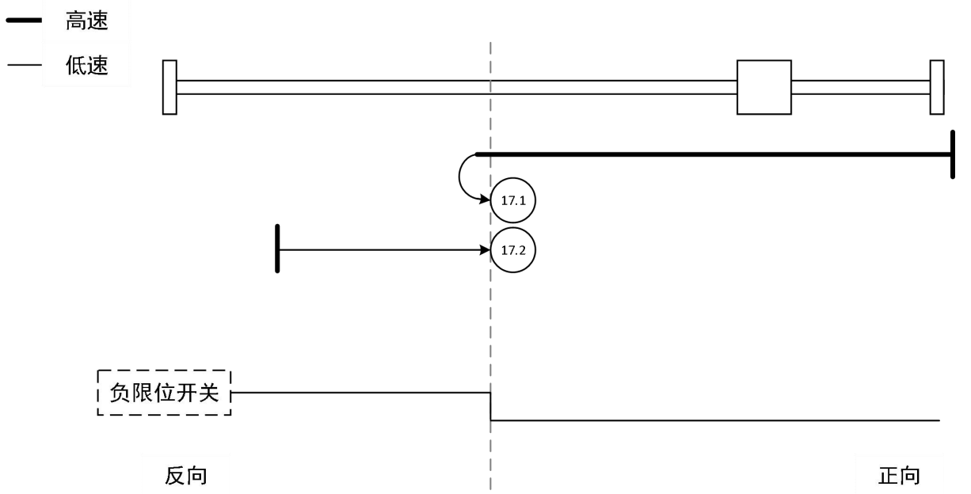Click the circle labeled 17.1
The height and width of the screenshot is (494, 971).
tap(513, 201)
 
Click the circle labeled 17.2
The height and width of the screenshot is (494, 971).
tap(513, 250)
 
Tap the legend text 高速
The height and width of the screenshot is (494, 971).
tap(86, 23)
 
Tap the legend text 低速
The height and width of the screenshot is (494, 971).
tap(86, 66)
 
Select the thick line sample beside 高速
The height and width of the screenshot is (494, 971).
tap(24, 23)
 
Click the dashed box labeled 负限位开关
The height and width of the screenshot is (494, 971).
tap(164, 393)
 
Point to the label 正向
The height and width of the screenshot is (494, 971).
tap(900, 476)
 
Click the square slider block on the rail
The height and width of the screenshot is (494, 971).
tap(763, 87)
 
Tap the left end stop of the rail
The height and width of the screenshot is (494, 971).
tap(169, 87)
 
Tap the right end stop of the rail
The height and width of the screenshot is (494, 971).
tap(937, 87)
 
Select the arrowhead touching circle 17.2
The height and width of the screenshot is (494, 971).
tap(485, 250)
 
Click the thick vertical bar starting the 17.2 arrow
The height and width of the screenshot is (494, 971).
tap(277, 249)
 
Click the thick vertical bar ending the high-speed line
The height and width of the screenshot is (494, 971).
tap(951, 154)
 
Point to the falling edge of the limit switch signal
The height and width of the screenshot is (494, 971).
tap(490, 406)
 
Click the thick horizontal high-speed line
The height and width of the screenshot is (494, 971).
tap(713, 154)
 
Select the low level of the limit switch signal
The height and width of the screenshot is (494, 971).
tap(713, 420)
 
